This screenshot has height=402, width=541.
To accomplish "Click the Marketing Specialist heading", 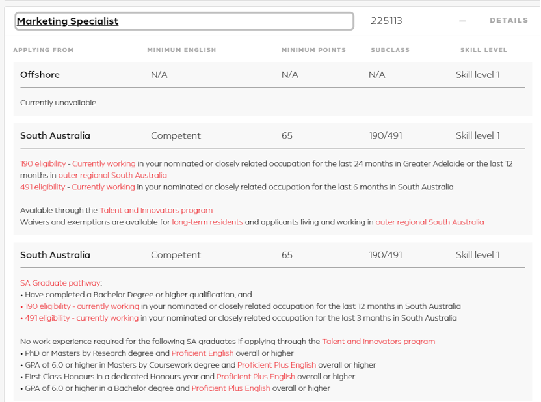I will point(68,21).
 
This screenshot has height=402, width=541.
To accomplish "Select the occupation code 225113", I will point(386,21).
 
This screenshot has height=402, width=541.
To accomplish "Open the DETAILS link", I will point(508,21).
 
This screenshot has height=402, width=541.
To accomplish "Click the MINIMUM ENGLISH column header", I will point(181,50).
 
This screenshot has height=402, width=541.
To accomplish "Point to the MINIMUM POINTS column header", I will point(313,50).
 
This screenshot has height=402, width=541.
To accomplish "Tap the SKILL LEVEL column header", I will point(483,50).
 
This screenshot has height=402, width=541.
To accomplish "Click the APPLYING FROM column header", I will point(44,50).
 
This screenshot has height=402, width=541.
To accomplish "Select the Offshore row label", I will point(40,75).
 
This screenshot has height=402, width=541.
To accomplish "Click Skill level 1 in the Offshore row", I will point(478,75).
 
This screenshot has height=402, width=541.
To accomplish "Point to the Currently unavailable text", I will point(58,103).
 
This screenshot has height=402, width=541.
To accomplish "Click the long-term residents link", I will point(207,222).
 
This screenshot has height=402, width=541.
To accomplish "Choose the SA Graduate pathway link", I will point(60,283).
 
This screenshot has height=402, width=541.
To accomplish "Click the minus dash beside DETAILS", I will point(462,21).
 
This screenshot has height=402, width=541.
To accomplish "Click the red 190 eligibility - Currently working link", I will point(78,163).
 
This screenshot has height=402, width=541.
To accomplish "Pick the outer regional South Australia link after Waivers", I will point(430,222).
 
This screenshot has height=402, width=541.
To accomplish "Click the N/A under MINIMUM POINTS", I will point(289,75).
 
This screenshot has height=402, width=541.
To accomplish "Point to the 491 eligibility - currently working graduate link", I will point(79,318).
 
